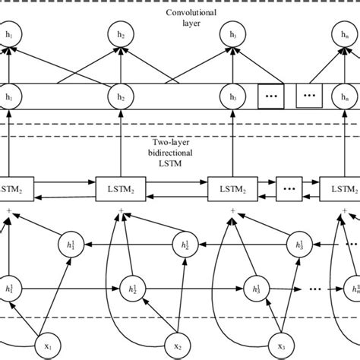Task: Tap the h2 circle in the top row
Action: coord(120,35)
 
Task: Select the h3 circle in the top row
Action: coord(231,35)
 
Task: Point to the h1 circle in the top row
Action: coord(9,35)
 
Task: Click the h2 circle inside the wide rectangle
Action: coord(120,96)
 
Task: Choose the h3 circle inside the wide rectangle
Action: coord(231,96)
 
